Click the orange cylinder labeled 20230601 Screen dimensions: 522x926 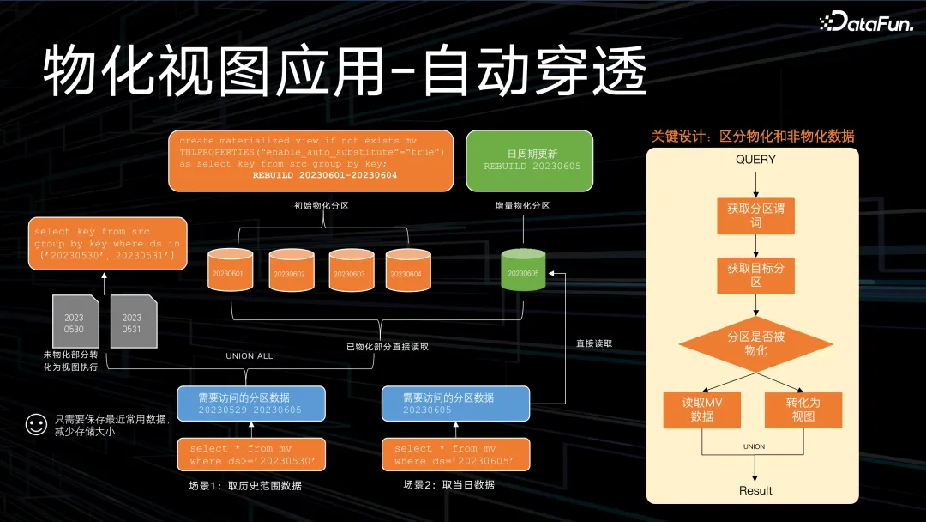click(x=231, y=270)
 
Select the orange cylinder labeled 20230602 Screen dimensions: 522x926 click(x=290, y=270)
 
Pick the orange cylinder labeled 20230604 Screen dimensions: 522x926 click(x=407, y=270)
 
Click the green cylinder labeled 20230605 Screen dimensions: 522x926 click(x=523, y=270)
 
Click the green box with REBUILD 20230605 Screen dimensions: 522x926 click(x=529, y=161)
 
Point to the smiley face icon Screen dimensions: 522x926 click(x=35, y=425)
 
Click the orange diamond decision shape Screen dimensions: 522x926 click(x=755, y=343)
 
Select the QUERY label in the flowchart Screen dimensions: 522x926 click(x=755, y=160)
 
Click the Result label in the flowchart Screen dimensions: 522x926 click(x=755, y=490)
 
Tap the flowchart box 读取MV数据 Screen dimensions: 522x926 click(x=702, y=410)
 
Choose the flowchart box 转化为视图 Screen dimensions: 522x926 click(x=803, y=410)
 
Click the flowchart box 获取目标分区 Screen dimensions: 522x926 click(x=755, y=276)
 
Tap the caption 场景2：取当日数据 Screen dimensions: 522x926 click(x=448, y=485)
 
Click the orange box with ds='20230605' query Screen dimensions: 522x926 click(x=454, y=455)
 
